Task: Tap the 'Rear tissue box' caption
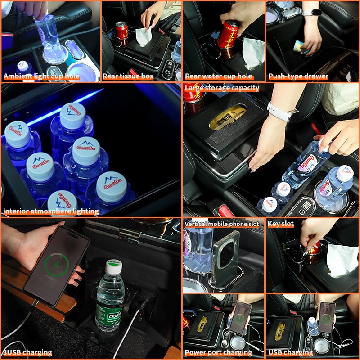tap(128, 76)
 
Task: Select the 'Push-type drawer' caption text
tap(298, 76)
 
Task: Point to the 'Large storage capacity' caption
tap(222, 88)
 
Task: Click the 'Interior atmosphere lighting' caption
tap(51, 211)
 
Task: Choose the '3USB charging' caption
tap(27, 352)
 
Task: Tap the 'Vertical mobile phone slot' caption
tap(222, 224)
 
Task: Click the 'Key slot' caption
tap(280, 224)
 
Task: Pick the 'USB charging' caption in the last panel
tap(290, 352)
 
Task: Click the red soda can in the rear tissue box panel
tap(121, 31)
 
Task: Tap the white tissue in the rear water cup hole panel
tap(253, 52)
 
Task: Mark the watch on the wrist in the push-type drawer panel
tap(311, 12)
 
